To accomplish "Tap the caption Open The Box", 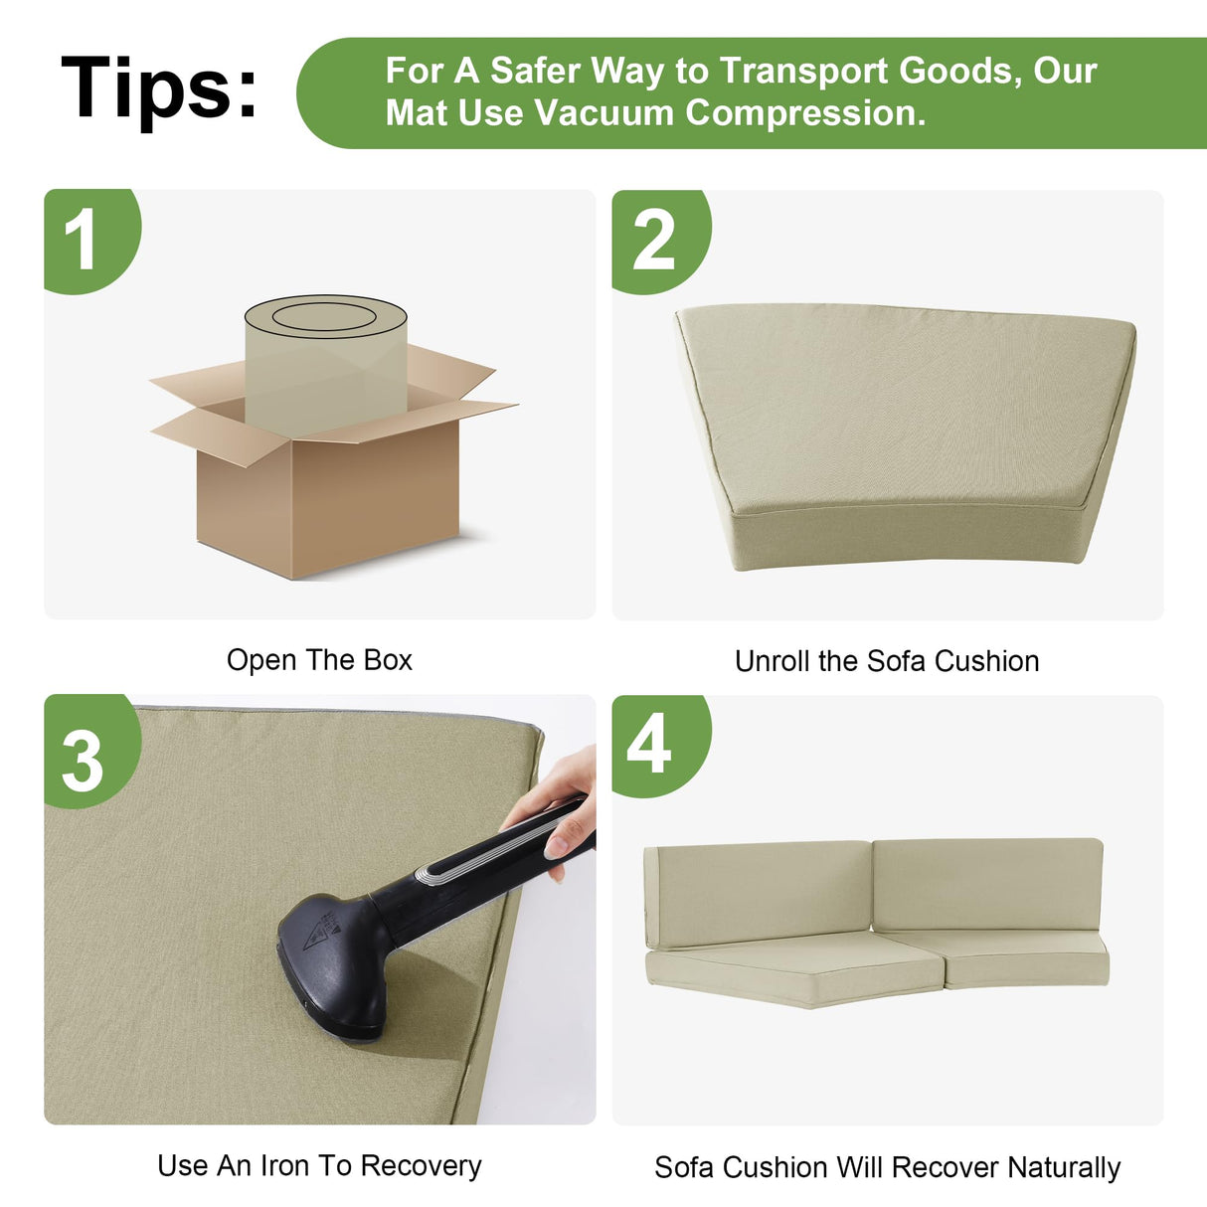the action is tap(319, 660).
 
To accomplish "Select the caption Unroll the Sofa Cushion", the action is tap(887, 661).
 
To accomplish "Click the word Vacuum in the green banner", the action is tap(604, 113).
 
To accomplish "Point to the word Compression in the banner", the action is tap(805, 114).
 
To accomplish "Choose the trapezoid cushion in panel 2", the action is tap(906, 436).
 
